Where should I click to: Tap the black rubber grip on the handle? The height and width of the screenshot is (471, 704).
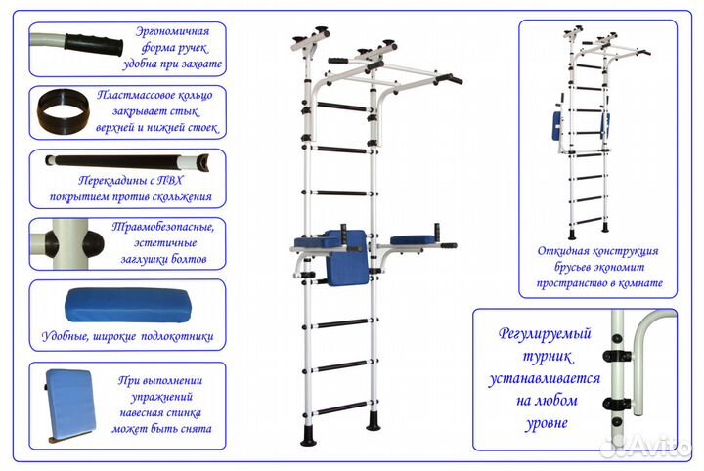coord(94,45)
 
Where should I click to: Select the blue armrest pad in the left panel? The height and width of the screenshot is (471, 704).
coord(127,305)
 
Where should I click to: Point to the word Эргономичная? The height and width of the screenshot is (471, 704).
coord(172,31)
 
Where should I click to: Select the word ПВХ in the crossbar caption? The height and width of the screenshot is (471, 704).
coord(171,181)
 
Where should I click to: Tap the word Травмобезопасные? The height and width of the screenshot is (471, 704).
coord(163,227)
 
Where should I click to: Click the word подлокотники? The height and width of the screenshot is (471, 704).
coord(177,336)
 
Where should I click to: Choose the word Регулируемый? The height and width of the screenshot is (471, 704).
coord(545,334)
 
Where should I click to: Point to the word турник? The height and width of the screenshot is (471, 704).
coord(548,357)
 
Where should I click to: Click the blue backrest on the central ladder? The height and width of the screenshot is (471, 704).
coord(347,258)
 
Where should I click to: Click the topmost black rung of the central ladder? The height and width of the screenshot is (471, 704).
coord(341,107)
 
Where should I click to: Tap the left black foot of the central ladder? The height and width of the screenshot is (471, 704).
coord(308,435)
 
